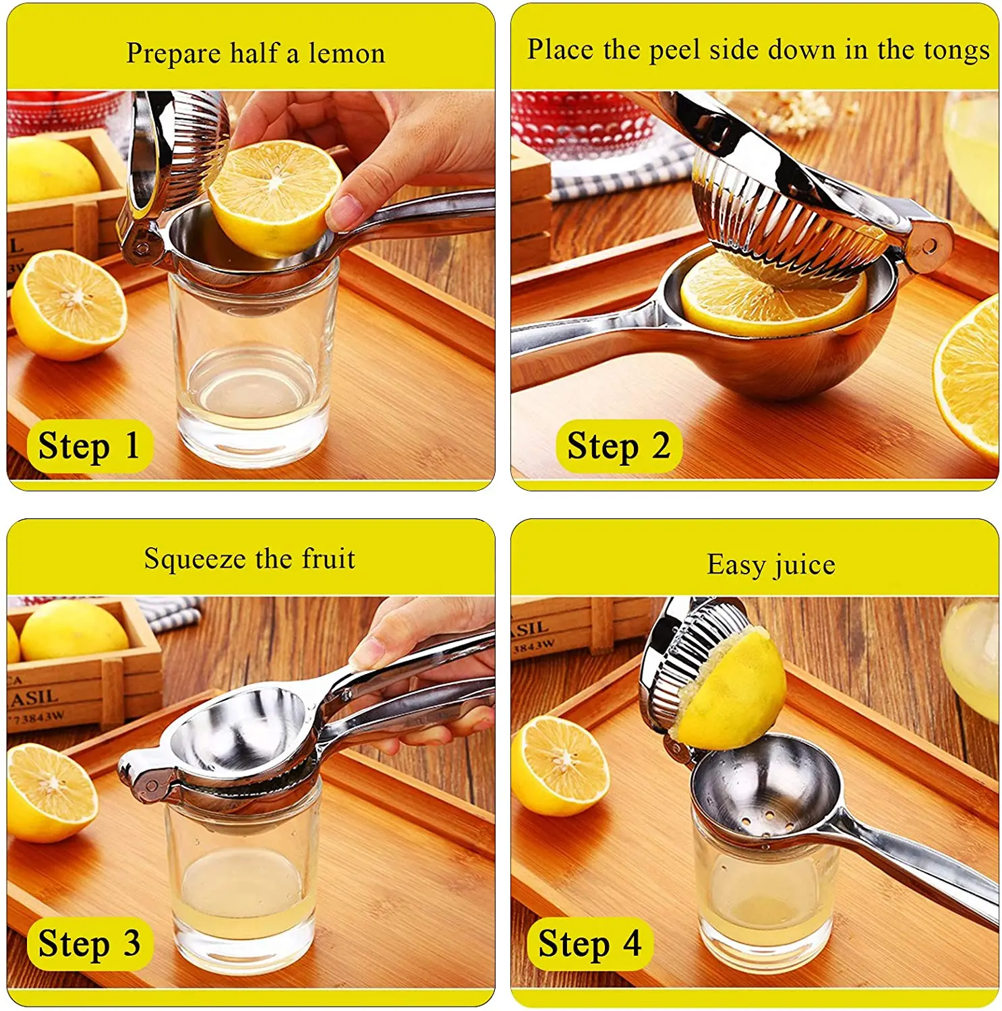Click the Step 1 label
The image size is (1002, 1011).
[89, 446]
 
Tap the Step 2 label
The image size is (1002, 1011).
[618, 446]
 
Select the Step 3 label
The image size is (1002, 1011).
[89, 944]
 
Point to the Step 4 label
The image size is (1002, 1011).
[589, 944]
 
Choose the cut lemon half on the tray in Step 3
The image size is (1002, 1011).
[51, 792]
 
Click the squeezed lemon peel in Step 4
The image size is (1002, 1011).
[732, 691]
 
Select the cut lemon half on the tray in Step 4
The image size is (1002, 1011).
[560, 765]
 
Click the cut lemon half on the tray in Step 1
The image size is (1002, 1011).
[67, 305]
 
